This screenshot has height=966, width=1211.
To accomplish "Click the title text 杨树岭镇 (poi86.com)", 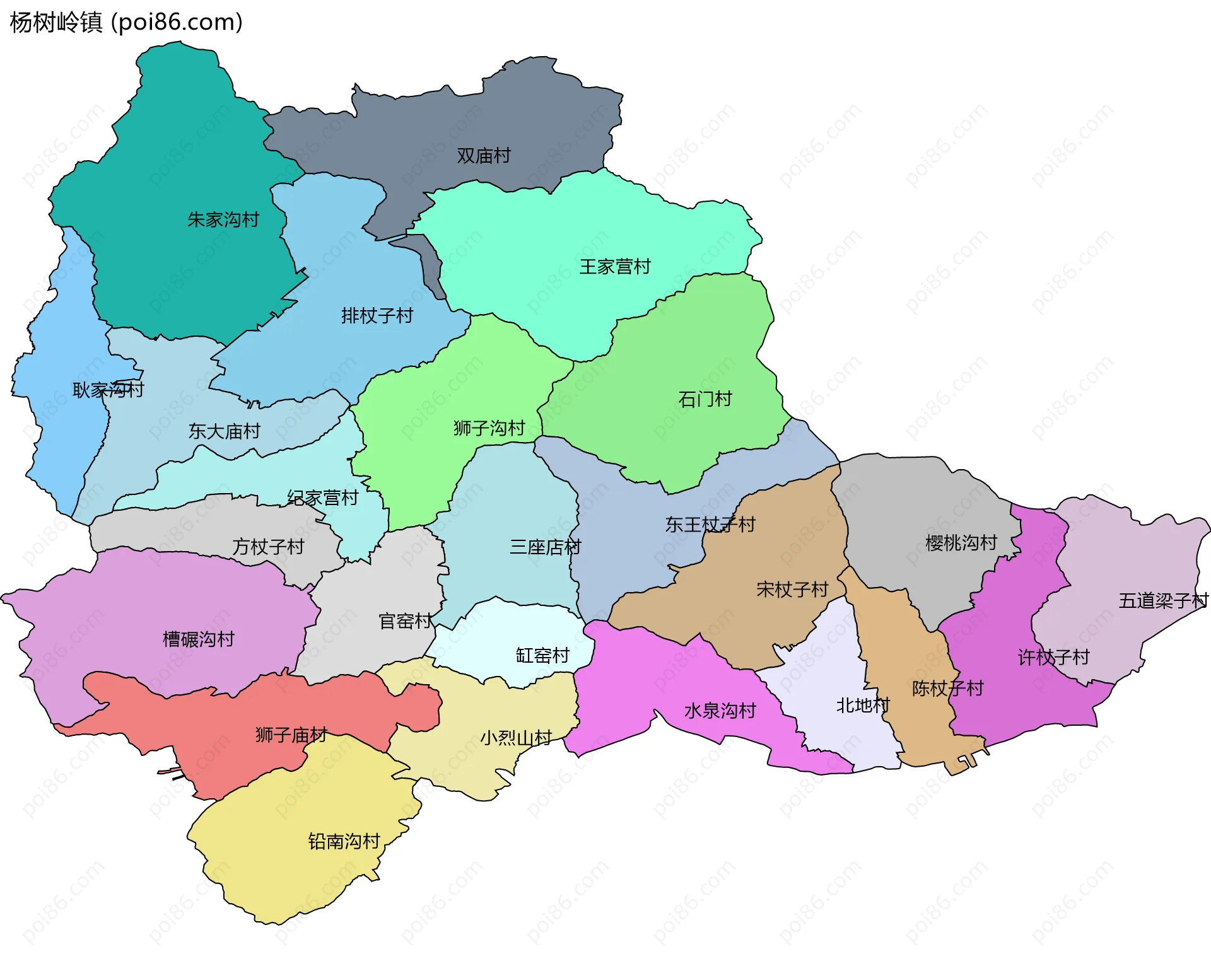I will coord(126,23).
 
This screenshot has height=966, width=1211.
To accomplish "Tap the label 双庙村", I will coord(483,156).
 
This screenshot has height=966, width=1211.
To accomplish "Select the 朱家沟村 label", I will coord(223,220).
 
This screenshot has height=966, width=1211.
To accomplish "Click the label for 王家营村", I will coord(615,267).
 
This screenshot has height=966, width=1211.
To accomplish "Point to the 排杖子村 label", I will coord(377,315).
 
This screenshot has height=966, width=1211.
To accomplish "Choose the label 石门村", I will coord(705,399).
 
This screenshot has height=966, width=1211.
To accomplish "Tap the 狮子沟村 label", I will coord(489,429).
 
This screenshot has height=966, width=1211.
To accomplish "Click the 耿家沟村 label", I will coord(108,390).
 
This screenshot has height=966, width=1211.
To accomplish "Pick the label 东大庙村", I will coord(225,431).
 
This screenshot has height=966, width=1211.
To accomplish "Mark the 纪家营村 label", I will coord(323,498).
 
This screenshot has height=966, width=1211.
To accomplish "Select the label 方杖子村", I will coord(269,547).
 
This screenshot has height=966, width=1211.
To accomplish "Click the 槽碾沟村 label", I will coord(199,639).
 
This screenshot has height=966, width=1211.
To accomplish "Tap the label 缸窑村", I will coord(542,656).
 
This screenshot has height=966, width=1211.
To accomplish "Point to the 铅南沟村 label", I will coord(344,841).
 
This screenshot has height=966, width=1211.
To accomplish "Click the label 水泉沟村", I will coord(720,711).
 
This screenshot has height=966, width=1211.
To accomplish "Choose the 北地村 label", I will coord(862,706).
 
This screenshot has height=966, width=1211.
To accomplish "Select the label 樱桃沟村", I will coord(961,543).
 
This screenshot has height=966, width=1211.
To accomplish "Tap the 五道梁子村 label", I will coord(1163,601).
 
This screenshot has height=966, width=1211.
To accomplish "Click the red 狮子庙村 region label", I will coord(291,735).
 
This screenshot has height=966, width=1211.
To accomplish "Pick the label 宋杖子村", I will coord(792,590).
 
